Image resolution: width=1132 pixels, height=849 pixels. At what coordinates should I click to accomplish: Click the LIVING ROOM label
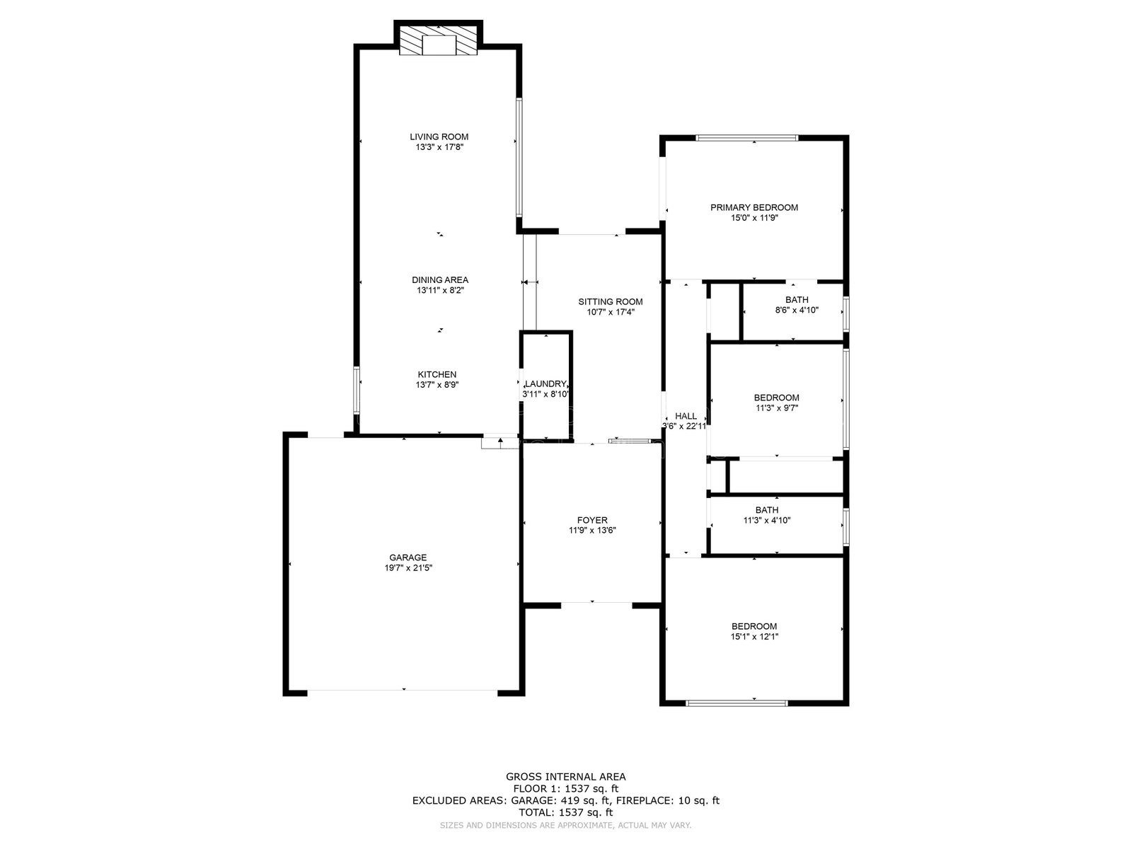439,137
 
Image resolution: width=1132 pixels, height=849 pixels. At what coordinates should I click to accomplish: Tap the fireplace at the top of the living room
439,37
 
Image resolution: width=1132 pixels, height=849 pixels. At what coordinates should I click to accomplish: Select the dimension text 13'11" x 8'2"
441,290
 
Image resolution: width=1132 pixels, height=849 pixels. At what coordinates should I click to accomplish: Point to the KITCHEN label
437,374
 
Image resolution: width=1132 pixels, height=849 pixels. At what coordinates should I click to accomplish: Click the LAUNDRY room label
545,383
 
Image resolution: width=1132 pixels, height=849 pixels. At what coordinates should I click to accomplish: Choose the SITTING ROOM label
611,301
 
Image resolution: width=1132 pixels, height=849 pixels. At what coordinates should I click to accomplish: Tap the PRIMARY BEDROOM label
754,207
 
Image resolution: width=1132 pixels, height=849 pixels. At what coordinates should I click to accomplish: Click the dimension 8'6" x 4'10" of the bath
797,311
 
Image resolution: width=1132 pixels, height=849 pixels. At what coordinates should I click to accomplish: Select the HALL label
686,416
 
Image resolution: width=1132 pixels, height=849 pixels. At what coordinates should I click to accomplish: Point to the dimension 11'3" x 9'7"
777,408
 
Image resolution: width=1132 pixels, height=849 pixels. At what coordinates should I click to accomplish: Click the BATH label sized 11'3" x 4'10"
767,510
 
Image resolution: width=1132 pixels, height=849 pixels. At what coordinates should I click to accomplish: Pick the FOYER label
592,520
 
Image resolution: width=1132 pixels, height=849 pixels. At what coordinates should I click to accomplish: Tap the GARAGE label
408,558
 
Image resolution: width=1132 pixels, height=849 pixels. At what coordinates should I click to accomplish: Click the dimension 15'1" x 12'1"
754,637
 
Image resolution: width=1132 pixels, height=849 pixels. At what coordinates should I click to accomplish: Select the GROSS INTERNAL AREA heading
566,776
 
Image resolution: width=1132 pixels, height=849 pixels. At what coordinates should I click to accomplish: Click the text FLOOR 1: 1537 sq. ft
566,788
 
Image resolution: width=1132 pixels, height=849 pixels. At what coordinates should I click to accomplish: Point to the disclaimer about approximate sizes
566,825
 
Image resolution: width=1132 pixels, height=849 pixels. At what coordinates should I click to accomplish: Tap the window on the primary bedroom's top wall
746,138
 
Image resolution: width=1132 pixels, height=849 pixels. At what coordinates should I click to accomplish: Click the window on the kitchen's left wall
357,390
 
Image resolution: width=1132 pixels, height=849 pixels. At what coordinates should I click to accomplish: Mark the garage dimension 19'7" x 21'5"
408,567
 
